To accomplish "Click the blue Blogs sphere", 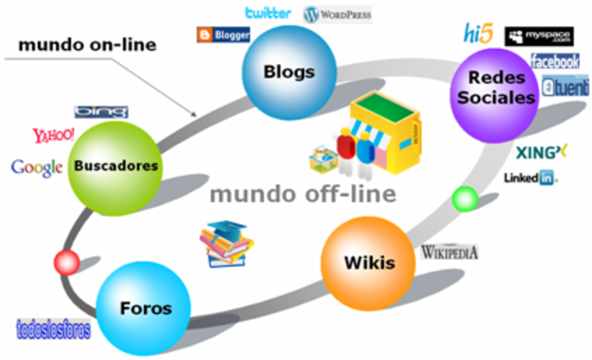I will [x=288, y=71].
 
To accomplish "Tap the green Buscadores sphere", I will [x=116, y=168].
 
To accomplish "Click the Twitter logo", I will [x=267, y=13].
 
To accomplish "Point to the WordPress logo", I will [x=338, y=15].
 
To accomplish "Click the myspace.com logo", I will [x=540, y=36].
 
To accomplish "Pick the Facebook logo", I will [x=555, y=61].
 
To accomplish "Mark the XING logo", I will [x=541, y=151].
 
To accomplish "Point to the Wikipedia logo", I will [x=450, y=251].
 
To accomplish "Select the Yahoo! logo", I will [x=53, y=136].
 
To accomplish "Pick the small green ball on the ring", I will [x=466, y=199].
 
